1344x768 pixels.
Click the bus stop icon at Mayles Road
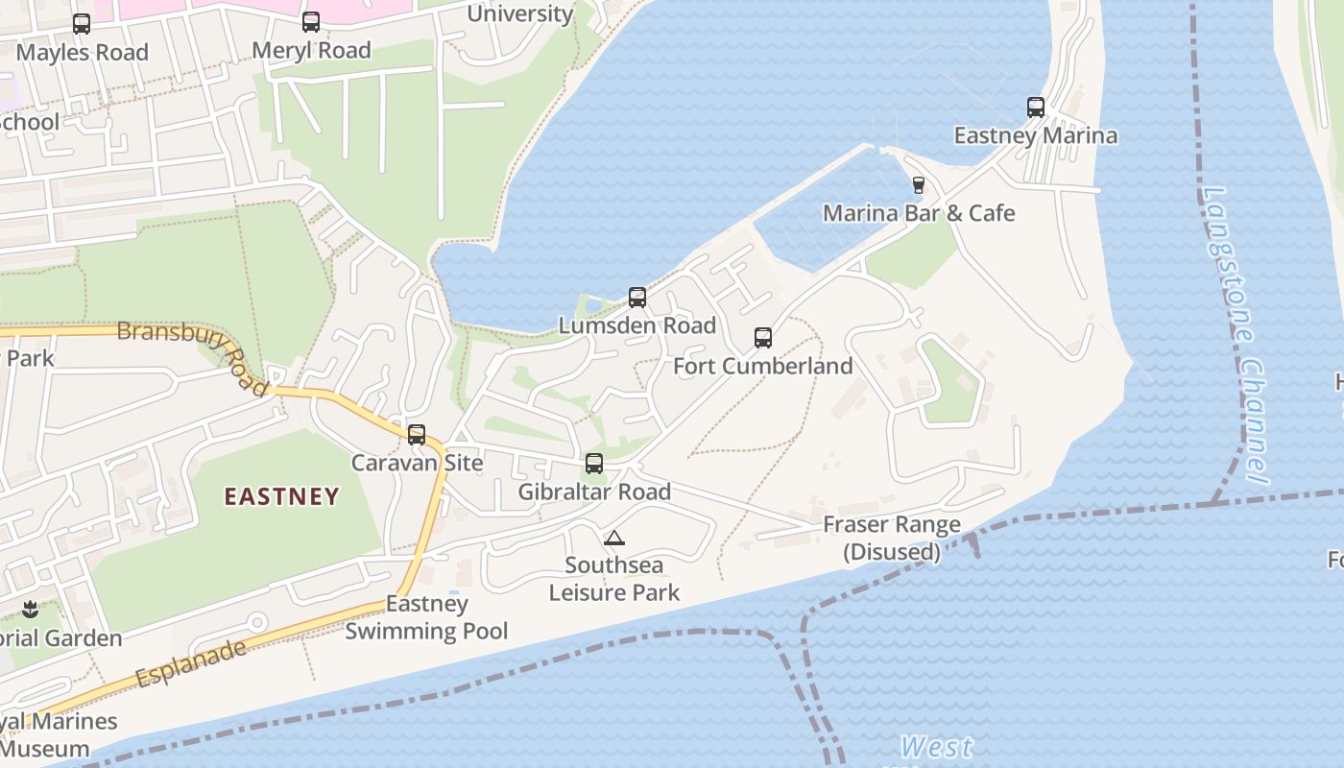[82, 24]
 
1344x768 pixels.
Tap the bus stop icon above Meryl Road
[311, 22]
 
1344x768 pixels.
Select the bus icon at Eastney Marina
[1036, 108]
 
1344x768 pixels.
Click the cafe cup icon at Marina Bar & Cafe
[918, 184]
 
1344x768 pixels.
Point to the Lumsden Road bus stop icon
[637, 298]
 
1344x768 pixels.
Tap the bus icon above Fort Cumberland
[763, 338]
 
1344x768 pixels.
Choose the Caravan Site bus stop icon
[417, 435]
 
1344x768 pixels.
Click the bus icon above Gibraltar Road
[594, 464]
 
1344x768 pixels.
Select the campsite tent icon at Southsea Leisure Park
[614, 538]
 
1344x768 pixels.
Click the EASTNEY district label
[281, 496]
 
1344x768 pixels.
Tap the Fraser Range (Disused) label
[892, 538]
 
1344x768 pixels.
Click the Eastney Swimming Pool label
[427, 617]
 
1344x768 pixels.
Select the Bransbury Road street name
[193, 351]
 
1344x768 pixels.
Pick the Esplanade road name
[191, 662]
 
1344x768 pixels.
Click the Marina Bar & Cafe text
[919, 212]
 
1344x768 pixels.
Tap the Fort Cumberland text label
[763, 366]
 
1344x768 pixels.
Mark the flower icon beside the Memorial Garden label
[30, 610]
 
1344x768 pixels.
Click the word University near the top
[519, 13]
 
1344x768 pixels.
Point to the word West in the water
[936, 747]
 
